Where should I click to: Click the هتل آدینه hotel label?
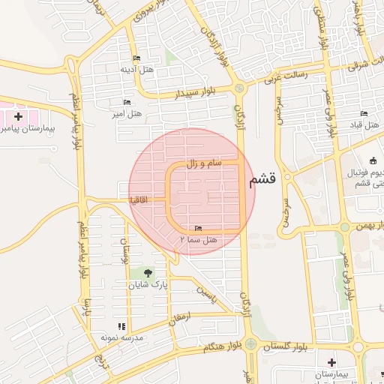coord(136,69)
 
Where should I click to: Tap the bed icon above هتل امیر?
coord(127,102)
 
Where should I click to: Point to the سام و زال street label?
coord(204,163)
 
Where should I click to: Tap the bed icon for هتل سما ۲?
coord(198,228)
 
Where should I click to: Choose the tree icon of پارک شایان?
coord(147,273)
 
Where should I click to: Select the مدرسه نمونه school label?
coord(124,337)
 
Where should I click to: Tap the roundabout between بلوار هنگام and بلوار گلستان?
coord(250,345)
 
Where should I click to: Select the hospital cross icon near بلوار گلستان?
coord(331,363)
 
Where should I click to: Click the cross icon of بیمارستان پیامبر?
coord(18,117)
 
